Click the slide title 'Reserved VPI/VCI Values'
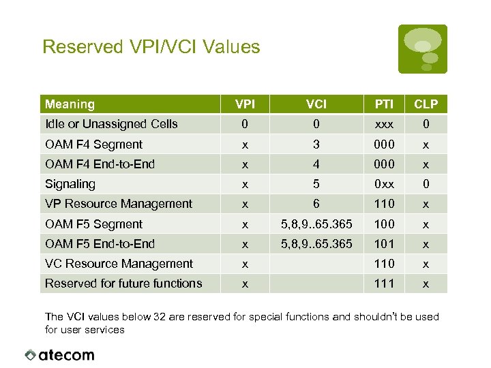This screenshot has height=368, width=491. point(151,47)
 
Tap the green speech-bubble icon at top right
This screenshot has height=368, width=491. point(423,48)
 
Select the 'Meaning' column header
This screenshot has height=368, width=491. point(70,104)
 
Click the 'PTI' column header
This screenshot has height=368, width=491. point(384,104)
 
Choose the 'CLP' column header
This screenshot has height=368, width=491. point(426,104)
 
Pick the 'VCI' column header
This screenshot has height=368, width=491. point(316,104)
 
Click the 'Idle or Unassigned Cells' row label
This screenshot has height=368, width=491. point(111,124)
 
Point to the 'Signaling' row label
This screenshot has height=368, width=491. point(70,184)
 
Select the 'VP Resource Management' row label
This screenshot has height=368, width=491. point(119,204)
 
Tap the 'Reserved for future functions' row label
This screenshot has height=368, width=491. point(123,283)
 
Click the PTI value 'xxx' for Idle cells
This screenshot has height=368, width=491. point(384,124)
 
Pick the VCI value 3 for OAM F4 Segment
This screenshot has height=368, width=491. point(316,144)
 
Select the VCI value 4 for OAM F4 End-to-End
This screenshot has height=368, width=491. point(316,164)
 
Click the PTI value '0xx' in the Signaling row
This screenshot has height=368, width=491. point(384,184)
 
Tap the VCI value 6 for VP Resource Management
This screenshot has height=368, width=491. point(316,204)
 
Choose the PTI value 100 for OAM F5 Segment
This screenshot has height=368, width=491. point(384,224)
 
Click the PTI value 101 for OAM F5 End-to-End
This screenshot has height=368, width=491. point(384,244)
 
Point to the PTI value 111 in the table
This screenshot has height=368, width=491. point(384,283)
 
